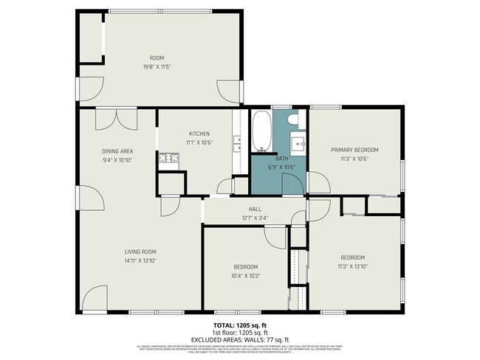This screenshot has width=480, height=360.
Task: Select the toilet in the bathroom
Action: [x=292, y=119]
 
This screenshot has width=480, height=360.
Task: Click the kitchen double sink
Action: [x=237, y=143]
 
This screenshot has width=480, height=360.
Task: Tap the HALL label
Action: [x=255, y=209]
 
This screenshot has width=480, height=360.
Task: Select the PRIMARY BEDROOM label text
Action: [x=354, y=149]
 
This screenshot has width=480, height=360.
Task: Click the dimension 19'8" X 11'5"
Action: [x=157, y=67]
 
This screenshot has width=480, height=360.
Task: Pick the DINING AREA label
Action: [x=117, y=151]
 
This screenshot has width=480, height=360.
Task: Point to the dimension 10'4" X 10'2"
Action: [x=246, y=276]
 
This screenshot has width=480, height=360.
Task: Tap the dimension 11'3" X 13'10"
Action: [x=352, y=266]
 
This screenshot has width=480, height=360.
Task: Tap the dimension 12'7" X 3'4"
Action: [x=255, y=218]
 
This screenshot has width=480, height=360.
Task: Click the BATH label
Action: [x=281, y=158]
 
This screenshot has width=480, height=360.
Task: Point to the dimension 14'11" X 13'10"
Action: [x=140, y=260]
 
